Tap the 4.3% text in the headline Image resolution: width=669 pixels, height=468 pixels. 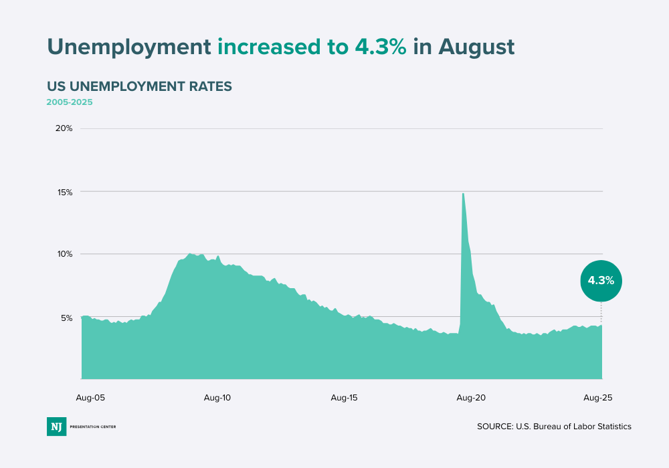(x=377, y=46)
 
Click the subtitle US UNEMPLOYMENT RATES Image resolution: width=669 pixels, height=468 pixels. (x=139, y=86)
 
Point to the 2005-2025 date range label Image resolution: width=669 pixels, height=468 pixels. (x=70, y=102)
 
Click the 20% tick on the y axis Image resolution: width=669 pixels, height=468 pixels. (x=64, y=128)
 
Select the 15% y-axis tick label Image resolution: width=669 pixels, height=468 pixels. (x=64, y=192)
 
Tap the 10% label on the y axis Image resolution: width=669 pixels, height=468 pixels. (x=64, y=254)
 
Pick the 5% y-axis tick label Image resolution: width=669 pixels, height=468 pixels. (x=66, y=318)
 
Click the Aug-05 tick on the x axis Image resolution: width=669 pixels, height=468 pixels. (x=91, y=398)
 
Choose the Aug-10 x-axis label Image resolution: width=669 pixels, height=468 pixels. (x=217, y=398)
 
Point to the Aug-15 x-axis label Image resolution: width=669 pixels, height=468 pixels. (x=344, y=398)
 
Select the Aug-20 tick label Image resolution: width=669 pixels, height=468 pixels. (x=471, y=398)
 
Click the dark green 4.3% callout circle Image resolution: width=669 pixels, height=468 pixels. (x=601, y=281)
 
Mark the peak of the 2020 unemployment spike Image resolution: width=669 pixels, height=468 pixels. (x=463, y=194)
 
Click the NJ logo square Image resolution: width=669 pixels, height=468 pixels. (x=56, y=427)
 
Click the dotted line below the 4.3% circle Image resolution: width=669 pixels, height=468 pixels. (x=601, y=312)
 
